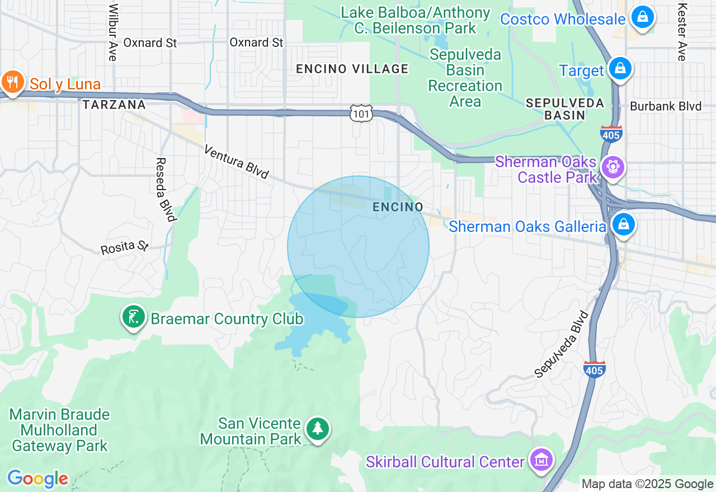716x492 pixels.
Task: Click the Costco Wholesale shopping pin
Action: (x=643, y=17)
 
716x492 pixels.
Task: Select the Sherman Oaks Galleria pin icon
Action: (x=623, y=225)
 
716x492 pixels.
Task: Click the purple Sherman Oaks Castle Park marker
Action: (x=613, y=167)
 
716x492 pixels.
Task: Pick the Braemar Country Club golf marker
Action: (x=134, y=318)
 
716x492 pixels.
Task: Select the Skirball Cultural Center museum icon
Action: (x=541, y=460)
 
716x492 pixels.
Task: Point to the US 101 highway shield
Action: (x=361, y=113)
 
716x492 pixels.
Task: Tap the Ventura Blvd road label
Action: (x=237, y=162)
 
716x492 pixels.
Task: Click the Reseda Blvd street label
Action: (x=166, y=189)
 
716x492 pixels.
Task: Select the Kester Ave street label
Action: (x=681, y=32)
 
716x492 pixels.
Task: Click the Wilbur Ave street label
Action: (x=114, y=32)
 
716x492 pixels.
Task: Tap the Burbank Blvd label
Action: (x=666, y=106)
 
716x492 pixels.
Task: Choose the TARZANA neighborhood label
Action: (x=114, y=105)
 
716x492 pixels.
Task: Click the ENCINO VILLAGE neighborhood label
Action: (x=352, y=69)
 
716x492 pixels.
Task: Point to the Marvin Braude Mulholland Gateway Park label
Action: (x=60, y=430)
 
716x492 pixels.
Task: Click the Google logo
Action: (x=37, y=479)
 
